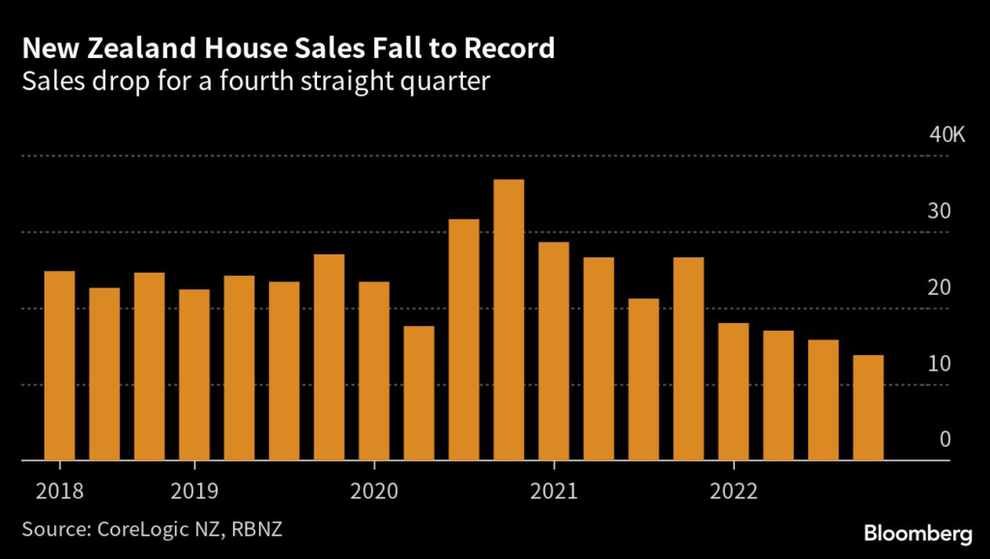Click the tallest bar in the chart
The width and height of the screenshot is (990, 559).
tap(509, 319)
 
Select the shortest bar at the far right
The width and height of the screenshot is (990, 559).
tap(867, 407)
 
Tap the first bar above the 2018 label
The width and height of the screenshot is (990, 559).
tap(60, 366)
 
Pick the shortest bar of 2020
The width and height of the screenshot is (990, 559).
tap(419, 393)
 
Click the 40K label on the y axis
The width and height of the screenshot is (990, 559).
tap(946, 134)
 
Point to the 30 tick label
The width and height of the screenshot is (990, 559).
tap(940, 211)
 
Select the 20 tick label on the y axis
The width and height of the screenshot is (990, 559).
tap(940, 287)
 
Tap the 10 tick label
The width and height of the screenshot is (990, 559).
tap(940, 364)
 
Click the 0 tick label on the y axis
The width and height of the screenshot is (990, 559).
tap(946, 440)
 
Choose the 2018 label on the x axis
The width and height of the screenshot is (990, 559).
tap(60, 490)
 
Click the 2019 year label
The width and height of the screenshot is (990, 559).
tap(194, 490)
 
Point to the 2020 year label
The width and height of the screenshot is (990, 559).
tap(374, 490)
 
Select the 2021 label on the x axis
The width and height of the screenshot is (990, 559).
tap(554, 490)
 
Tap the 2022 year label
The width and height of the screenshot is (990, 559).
tap(733, 490)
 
